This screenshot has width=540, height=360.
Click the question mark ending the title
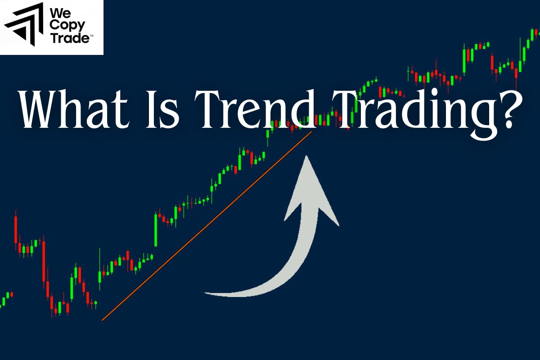(x=508, y=110)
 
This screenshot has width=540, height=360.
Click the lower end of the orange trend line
(x=103, y=320)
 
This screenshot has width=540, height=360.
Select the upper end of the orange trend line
(x=311, y=131)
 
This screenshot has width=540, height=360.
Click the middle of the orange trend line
(x=207, y=226)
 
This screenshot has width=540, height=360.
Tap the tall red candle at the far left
(x=16, y=229)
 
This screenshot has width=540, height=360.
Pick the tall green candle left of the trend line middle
(x=156, y=229)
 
